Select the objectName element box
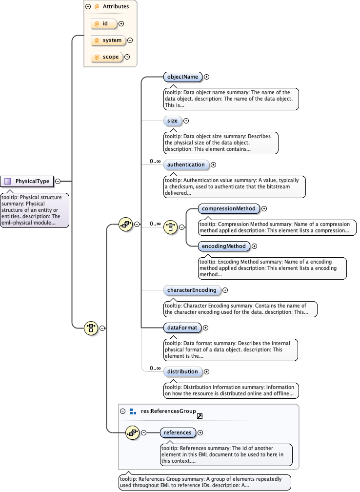tap(182, 77)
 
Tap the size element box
tap(172, 121)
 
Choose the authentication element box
tap(186, 164)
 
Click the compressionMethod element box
tap(229, 208)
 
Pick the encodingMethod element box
tap(224, 246)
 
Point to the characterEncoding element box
tap(192, 290)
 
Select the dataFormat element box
tap(181, 328)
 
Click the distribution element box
tap(182, 371)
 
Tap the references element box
tap(178, 432)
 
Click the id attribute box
tap(104, 23)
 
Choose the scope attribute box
tap(107, 57)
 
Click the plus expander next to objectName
tap(207, 77)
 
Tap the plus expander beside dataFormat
tap(205, 328)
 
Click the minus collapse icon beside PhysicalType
tap(58, 181)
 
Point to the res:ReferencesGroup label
tap(168, 411)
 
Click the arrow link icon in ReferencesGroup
tap(200, 416)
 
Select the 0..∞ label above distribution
tap(155, 368)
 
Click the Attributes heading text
tap(115, 7)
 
